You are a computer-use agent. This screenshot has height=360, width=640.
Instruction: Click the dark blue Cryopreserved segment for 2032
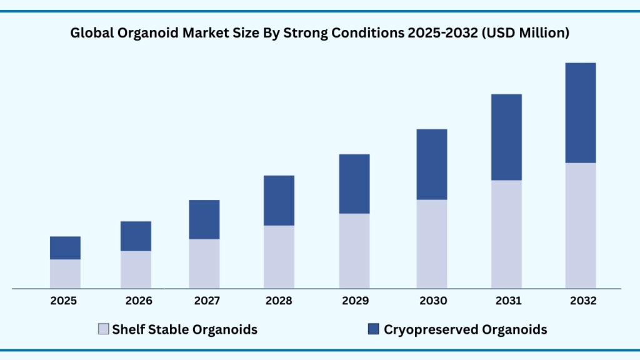click(x=581, y=112)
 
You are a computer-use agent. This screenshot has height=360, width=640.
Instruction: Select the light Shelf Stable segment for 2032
click(x=581, y=225)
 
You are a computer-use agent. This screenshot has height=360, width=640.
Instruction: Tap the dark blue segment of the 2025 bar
click(x=65, y=247)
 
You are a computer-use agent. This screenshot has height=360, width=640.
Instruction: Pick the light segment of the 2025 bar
click(x=65, y=274)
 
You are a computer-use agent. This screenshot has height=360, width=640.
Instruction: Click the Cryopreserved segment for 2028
click(x=279, y=200)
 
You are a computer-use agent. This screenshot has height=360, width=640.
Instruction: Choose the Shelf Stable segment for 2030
click(x=432, y=244)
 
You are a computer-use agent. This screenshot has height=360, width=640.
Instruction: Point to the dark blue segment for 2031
click(x=506, y=137)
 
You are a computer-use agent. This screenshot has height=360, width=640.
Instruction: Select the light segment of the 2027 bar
click(x=204, y=263)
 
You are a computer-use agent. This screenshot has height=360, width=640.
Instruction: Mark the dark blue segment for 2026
click(x=136, y=236)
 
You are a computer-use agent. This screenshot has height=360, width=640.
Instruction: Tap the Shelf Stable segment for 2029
click(x=354, y=251)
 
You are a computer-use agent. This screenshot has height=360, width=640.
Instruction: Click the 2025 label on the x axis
click(x=64, y=301)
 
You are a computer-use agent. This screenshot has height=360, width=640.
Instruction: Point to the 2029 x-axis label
click(x=354, y=301)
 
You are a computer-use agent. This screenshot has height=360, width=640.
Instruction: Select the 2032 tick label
click(x=583, y=301)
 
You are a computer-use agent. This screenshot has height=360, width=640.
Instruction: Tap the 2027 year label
click(x=206, y=301)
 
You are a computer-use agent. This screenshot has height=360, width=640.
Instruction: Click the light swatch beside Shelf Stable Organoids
click(x=104, y=329)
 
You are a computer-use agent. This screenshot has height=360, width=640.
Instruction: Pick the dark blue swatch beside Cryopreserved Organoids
click(x=374, y=329)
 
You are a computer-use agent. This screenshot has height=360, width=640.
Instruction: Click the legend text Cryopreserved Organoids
click(x=466, y=329)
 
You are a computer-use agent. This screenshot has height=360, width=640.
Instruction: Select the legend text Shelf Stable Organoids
click(x=184, y=329)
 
